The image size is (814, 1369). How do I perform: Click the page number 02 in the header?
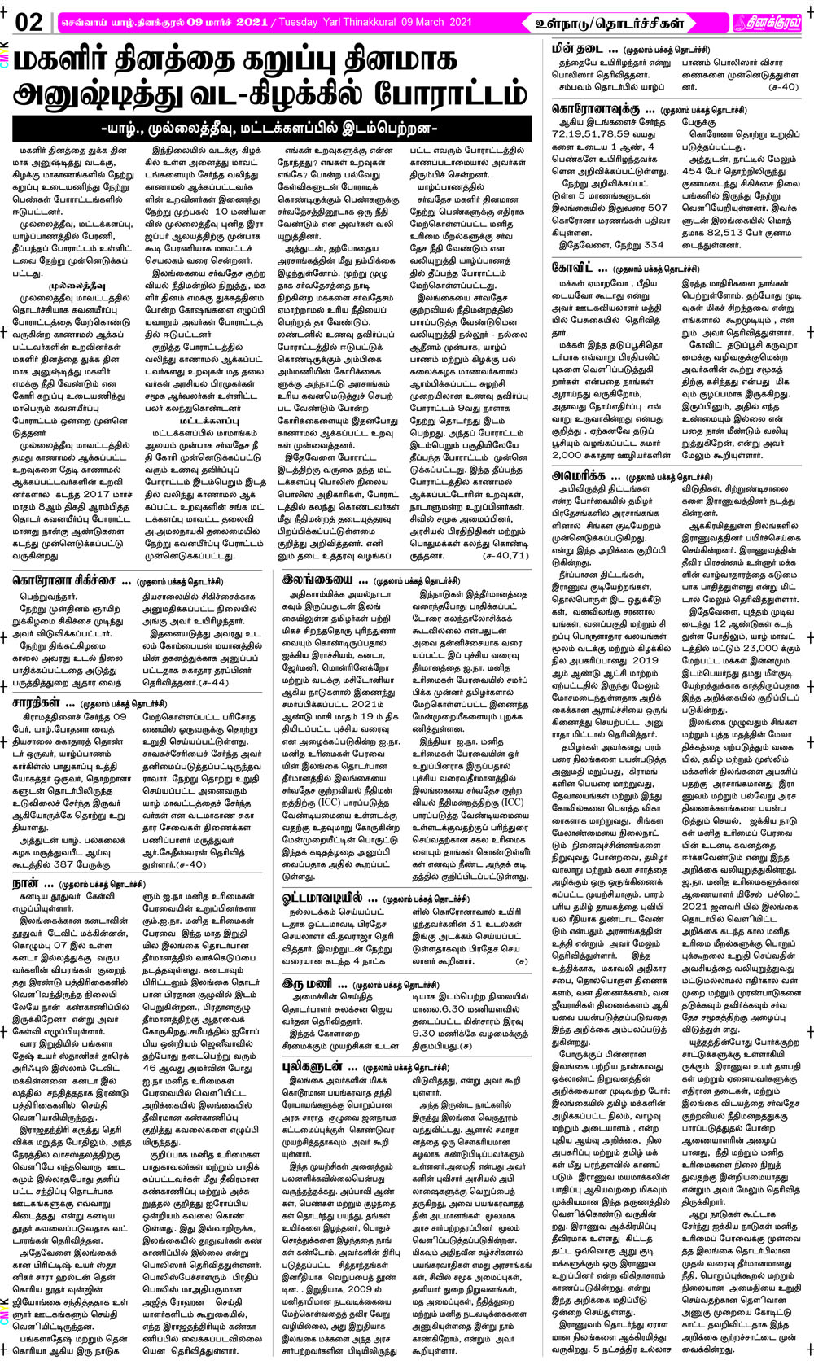[x=28, y=21]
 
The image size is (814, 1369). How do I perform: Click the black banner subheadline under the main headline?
[x=275, y=128]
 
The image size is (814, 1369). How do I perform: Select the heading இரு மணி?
[x=309, y=984]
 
